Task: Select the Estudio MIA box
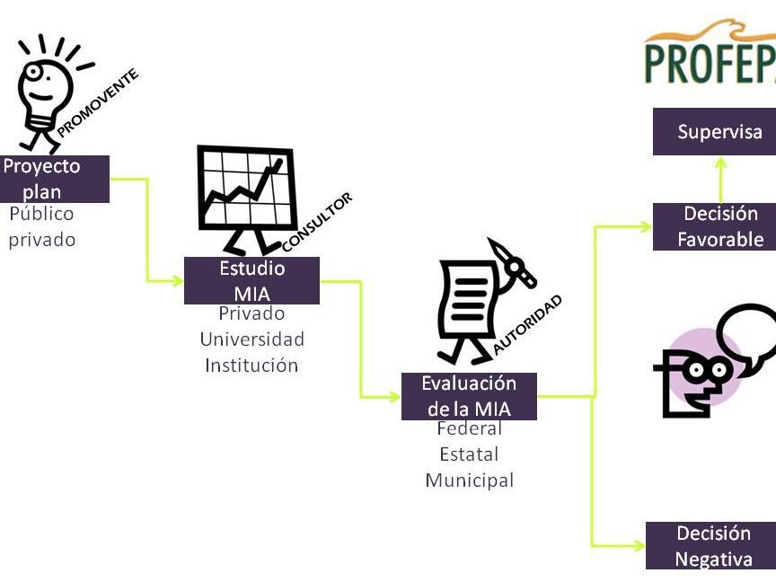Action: (251, 280)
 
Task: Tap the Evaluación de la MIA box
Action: (469, 396)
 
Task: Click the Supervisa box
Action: (719, 132)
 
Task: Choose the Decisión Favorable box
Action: (719, 226)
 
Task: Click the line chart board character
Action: (244, 199)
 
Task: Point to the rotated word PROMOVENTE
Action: (98, 102)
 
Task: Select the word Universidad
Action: (251, 339)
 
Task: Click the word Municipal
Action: (469, 481)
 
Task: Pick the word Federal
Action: (469, 428)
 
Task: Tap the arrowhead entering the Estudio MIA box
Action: (176, 281)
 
